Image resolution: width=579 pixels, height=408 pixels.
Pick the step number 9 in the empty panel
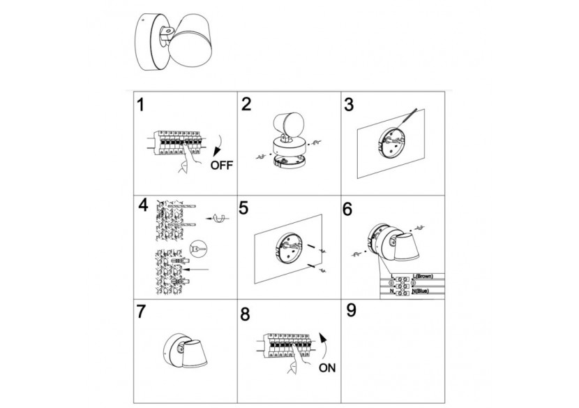(x=351, y=310)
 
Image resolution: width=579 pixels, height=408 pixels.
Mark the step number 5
(x=243, y=207)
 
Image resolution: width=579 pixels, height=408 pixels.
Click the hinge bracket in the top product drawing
(x=170, y=32)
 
